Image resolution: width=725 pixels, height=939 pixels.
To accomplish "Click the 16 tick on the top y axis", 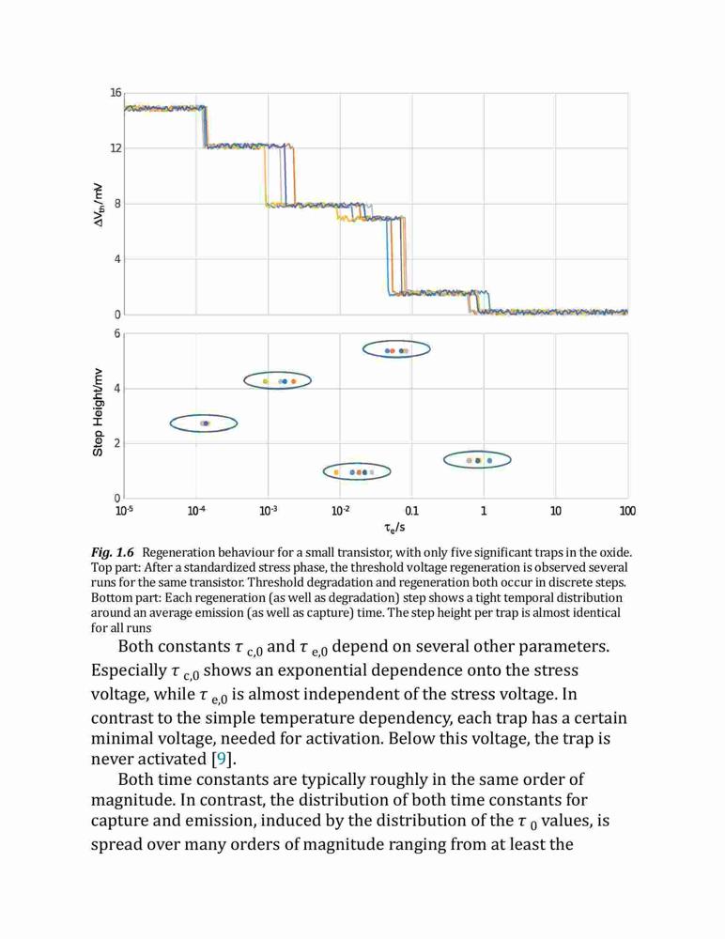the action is coord(115,93).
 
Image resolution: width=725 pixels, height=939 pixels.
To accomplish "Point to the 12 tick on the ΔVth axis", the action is coord(115,148).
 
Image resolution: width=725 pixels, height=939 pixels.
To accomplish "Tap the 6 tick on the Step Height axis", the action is coord(117,333).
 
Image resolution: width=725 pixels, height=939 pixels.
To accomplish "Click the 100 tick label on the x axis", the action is coord(627,511).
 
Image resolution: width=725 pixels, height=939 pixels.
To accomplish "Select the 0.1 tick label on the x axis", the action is coord(411,511).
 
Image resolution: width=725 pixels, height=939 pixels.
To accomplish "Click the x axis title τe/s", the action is coord(394,528).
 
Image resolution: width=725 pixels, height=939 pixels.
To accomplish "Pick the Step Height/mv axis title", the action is coord(98,412).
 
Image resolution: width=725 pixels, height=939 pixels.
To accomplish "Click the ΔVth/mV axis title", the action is coord(99,205).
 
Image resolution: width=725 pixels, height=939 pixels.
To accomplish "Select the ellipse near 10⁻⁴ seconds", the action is coord(170,423).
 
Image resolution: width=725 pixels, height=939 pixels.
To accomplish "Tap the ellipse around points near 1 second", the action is coord(444,460).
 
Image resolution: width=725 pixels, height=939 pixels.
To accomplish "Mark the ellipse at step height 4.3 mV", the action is coord(244,381).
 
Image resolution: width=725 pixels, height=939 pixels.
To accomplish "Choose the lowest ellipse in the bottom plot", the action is coord(324,472).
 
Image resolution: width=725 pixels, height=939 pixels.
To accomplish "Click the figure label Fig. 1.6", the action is coord(113,552).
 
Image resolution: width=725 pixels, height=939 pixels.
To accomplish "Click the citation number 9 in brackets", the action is coord(222,760).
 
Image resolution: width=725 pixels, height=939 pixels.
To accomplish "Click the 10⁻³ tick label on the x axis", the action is coord(268,511).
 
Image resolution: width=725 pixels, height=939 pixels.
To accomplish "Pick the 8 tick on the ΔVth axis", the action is coord(117,204).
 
